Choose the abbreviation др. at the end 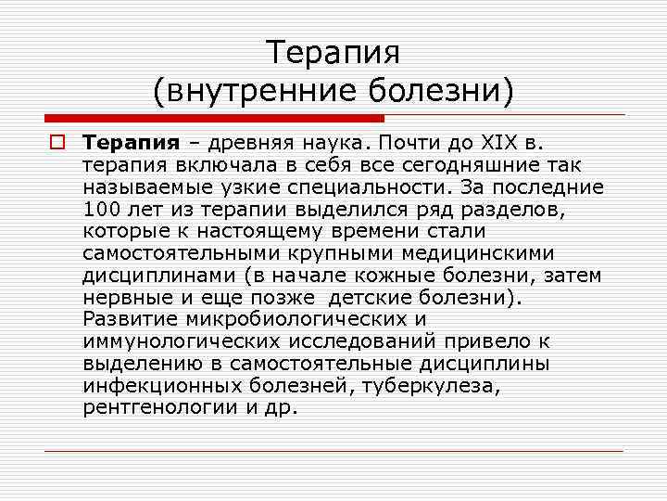point(279,409)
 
